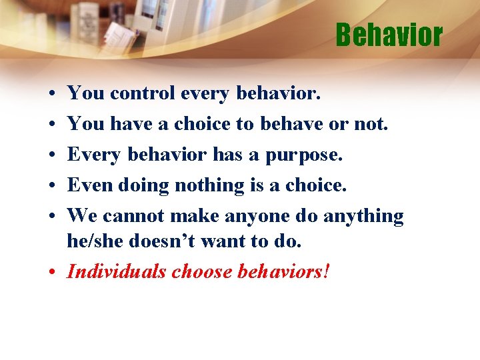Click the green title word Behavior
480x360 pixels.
coord(389,35)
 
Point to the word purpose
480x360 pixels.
coord(304,156)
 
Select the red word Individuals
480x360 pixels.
coord(117,272)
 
